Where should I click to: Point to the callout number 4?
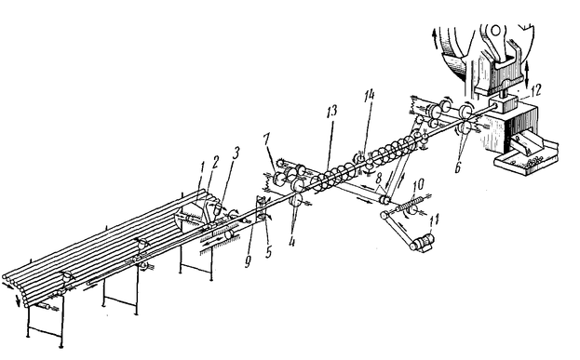click(x=292, y=242)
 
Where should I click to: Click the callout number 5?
click(x=268, y=252)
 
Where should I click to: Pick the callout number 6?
click(x=458, y=167)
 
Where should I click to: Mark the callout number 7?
click(x=266, y=140)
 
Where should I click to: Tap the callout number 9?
click(x=248, y=261)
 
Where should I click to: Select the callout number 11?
click(x=434, y=220)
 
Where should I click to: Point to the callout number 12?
click(x=535, y=90)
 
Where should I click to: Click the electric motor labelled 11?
click(x=423, y=243)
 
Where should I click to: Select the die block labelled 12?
click(x=504, y=104)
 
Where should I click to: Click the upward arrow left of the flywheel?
click(x=435, y=40)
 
